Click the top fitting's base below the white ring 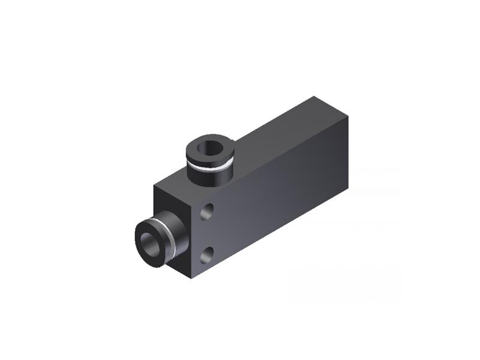point(210,176)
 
